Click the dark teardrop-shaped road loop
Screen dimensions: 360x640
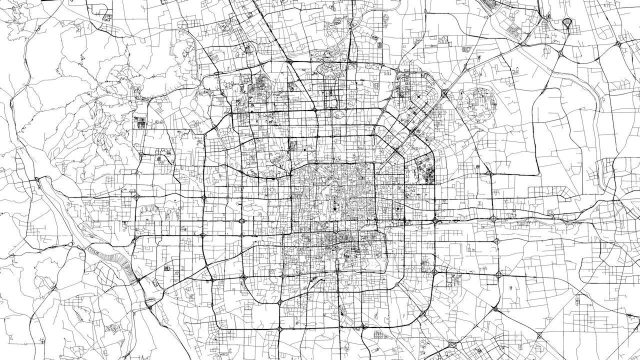[x=567, y=22]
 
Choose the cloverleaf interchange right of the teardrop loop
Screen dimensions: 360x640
[x=618, y=44]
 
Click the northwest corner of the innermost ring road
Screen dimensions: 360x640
[x=292, y=165]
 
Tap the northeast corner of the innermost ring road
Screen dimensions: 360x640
[x=375, y=163]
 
